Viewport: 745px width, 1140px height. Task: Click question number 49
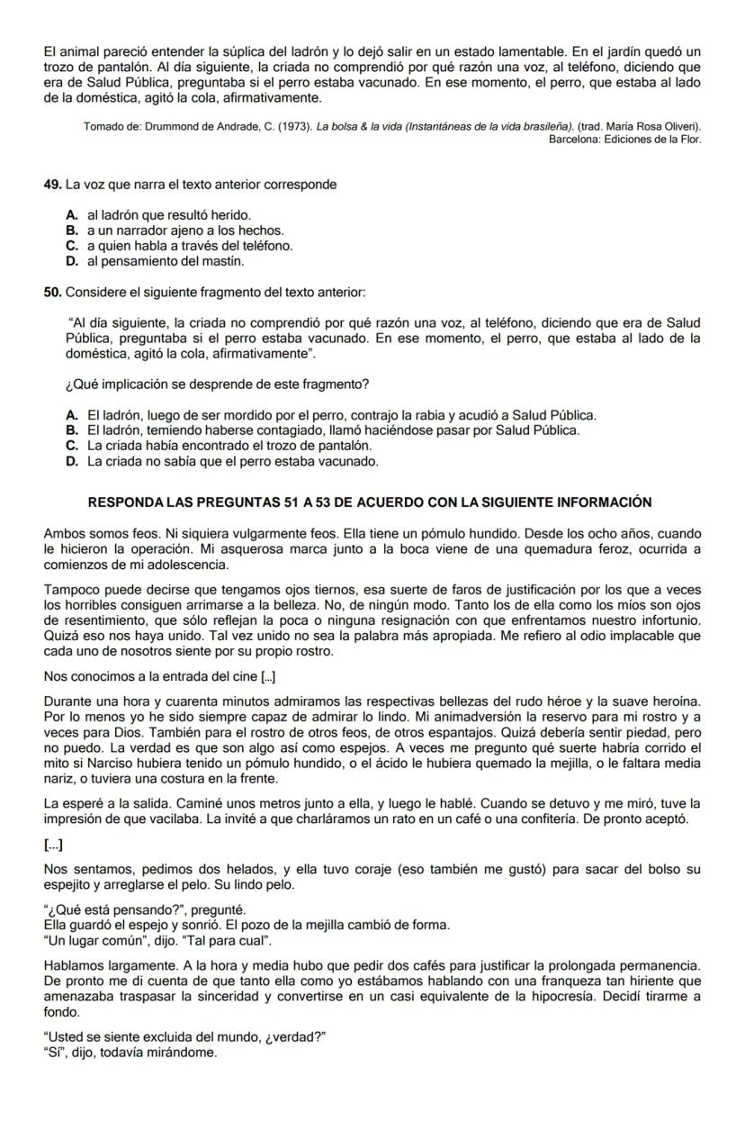52,185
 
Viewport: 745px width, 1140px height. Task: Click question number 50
52,293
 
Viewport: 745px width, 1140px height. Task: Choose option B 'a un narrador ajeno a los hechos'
185,231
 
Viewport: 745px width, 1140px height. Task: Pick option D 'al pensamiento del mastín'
166,261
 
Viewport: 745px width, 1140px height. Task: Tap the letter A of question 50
71,415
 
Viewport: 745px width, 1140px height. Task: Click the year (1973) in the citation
290,127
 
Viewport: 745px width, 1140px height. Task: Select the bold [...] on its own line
53,844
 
